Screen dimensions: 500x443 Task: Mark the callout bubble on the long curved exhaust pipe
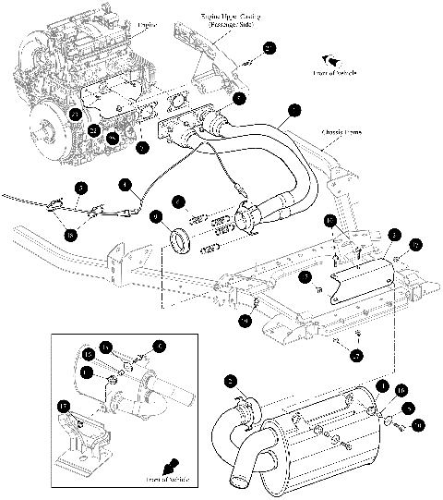pyautogui.click(x=293, y=110)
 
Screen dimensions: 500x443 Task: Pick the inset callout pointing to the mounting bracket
pyautogui.click(x=64, y=405)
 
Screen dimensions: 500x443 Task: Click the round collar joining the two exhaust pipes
pyautogui.click(x=249, y=220)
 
